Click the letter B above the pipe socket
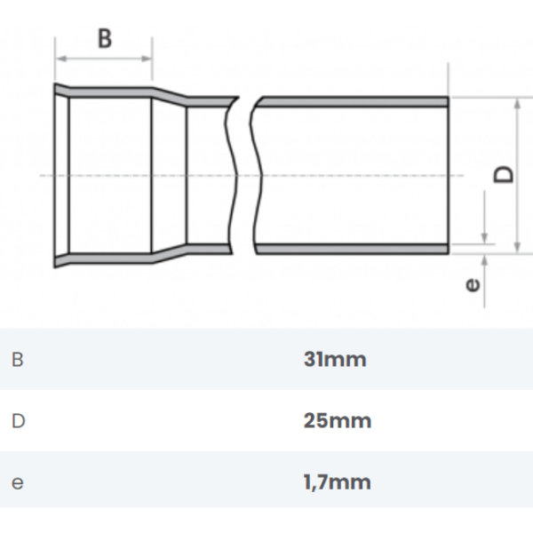pos(105,38)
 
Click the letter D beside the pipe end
pos(504,174)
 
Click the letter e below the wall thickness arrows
pos(473,285)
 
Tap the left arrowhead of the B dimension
pos(61,59)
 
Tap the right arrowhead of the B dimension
pos(147,59)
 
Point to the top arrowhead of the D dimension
pos(517,104)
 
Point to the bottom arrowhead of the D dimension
pos(517,248)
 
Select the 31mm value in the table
pos(335,359)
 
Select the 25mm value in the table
pos(338,421)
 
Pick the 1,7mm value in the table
pos(337,482)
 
